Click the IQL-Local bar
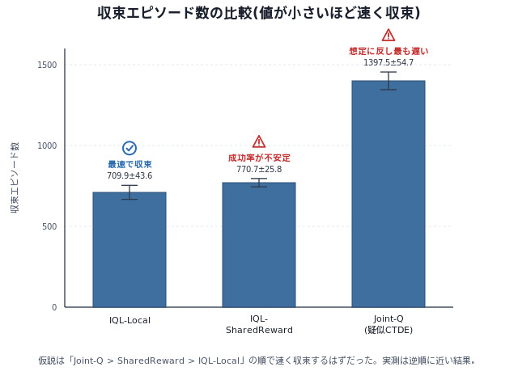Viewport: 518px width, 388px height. (129, 250)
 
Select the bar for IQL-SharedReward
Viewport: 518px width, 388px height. (259, 245)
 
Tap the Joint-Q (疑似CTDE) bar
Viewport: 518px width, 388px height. (388, 194)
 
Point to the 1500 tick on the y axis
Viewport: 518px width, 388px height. (47, 65)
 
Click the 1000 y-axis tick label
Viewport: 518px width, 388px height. (47, 145)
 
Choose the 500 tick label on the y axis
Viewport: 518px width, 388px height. (49, 226)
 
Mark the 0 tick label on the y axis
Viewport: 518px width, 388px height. (54, 307)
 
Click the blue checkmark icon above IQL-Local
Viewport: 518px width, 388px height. (129, 148)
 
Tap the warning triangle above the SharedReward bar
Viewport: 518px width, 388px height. (259, 141)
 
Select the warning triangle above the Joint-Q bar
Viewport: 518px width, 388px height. (388, 35)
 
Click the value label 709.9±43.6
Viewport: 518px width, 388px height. (129, 175)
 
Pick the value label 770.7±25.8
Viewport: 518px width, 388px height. (259, 169)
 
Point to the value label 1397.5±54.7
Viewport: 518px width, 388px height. (388, 62)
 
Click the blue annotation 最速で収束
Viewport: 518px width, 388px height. (129, 164)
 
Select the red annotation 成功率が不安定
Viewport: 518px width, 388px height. (259, 158)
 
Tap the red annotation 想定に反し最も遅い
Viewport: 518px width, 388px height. (388, 51)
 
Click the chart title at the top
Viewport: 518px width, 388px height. (259, 13)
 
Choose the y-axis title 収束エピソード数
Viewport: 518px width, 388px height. (15, 178)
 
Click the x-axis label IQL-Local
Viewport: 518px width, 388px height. (129, 320)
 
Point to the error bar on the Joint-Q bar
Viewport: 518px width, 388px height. (388, 81)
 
